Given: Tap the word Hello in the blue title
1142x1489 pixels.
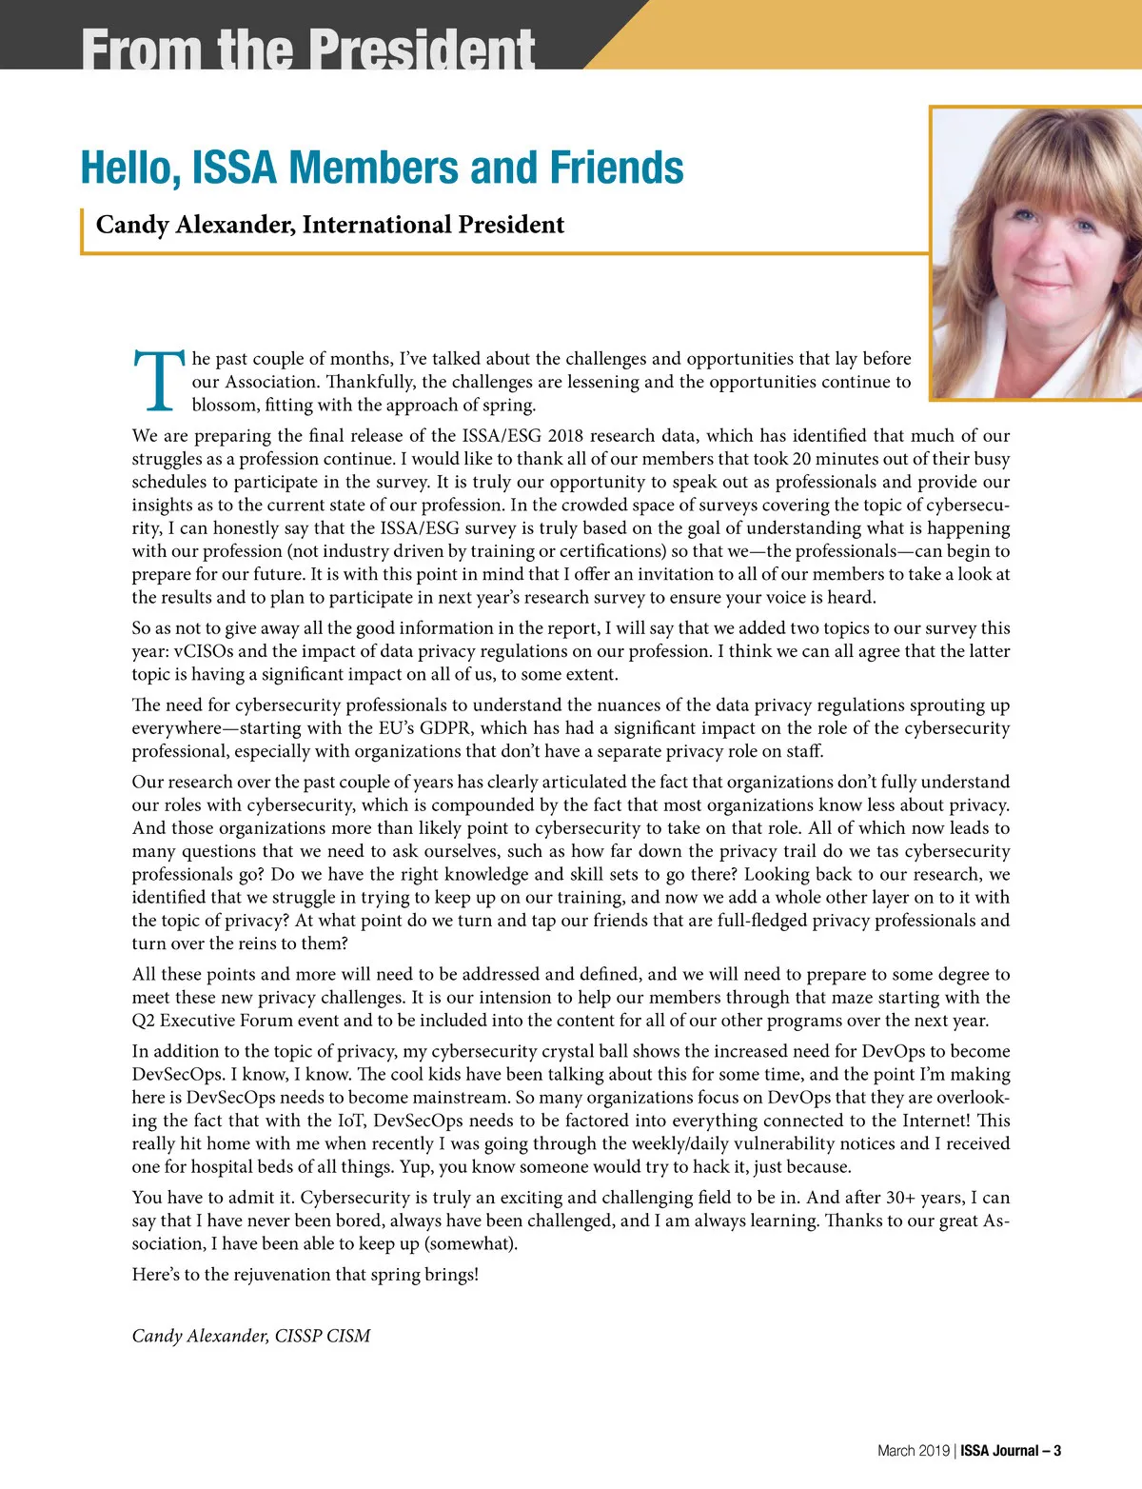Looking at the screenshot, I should [x=129, y=168].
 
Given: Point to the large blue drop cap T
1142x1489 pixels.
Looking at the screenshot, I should [x=159, y=380].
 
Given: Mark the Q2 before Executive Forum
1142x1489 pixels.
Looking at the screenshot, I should [x=144, y=1021].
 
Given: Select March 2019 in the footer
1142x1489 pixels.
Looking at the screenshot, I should [x=913, y=1451].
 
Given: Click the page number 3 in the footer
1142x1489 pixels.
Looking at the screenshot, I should [x=1057, y=1451].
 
